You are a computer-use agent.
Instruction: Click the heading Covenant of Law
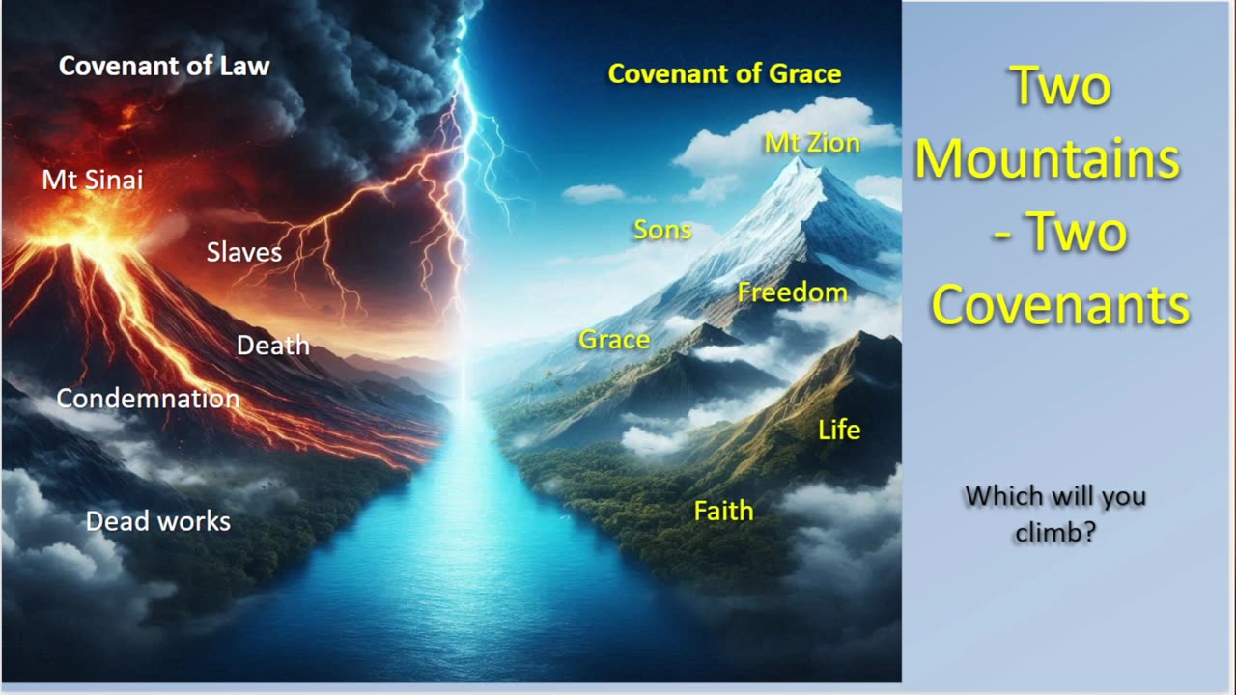[x=164, y=67]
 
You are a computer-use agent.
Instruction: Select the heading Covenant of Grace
[x=724, y=74]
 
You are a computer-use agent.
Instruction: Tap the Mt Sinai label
[x=93, y=180]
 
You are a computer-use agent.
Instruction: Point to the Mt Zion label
[x=812, y=144]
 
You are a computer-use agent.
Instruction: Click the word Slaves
[x=244, y=253]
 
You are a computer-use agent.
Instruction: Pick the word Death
[x=273, y=346]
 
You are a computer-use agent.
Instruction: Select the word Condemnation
[x=148, y=399]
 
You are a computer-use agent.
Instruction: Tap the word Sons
[x=662, y=230]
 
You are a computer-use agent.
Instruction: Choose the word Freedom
[x=793, y=292]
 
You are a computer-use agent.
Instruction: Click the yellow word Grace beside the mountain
[x=614, y=340]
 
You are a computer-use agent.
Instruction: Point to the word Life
[x=839, y=431]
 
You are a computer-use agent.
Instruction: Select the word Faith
[x=723, y=511]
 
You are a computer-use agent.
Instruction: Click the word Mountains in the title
[x=1048, y=159]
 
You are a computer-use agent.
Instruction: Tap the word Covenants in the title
[x=1060, y=306]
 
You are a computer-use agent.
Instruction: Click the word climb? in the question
[x=1055, y=533]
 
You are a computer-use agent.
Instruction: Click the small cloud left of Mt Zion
[x=593, y=193]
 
